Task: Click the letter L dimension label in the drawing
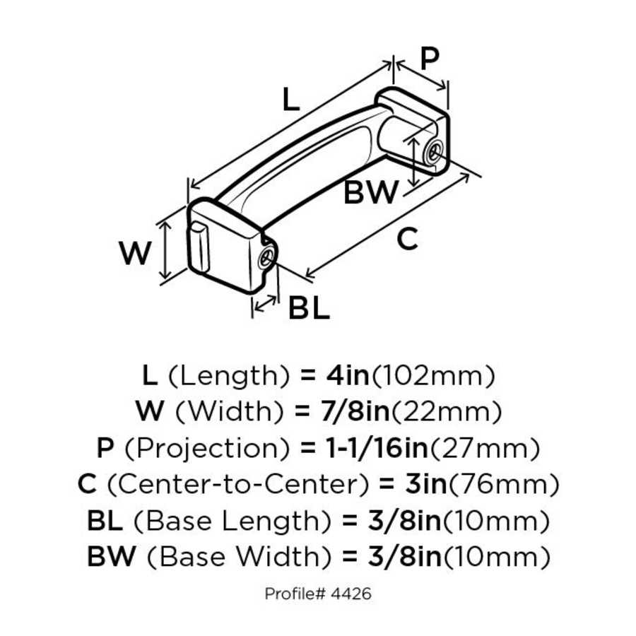[x=290, y=100]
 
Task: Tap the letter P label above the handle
[x=429, y=60]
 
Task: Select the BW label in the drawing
[x=371, y=193]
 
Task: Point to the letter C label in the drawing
[x=406, y=240]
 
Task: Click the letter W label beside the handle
[x=135, y=253]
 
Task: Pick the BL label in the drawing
[x=309, y=308]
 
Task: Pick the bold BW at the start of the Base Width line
[x=111, y=558]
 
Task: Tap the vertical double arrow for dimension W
[x=165, y=249]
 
